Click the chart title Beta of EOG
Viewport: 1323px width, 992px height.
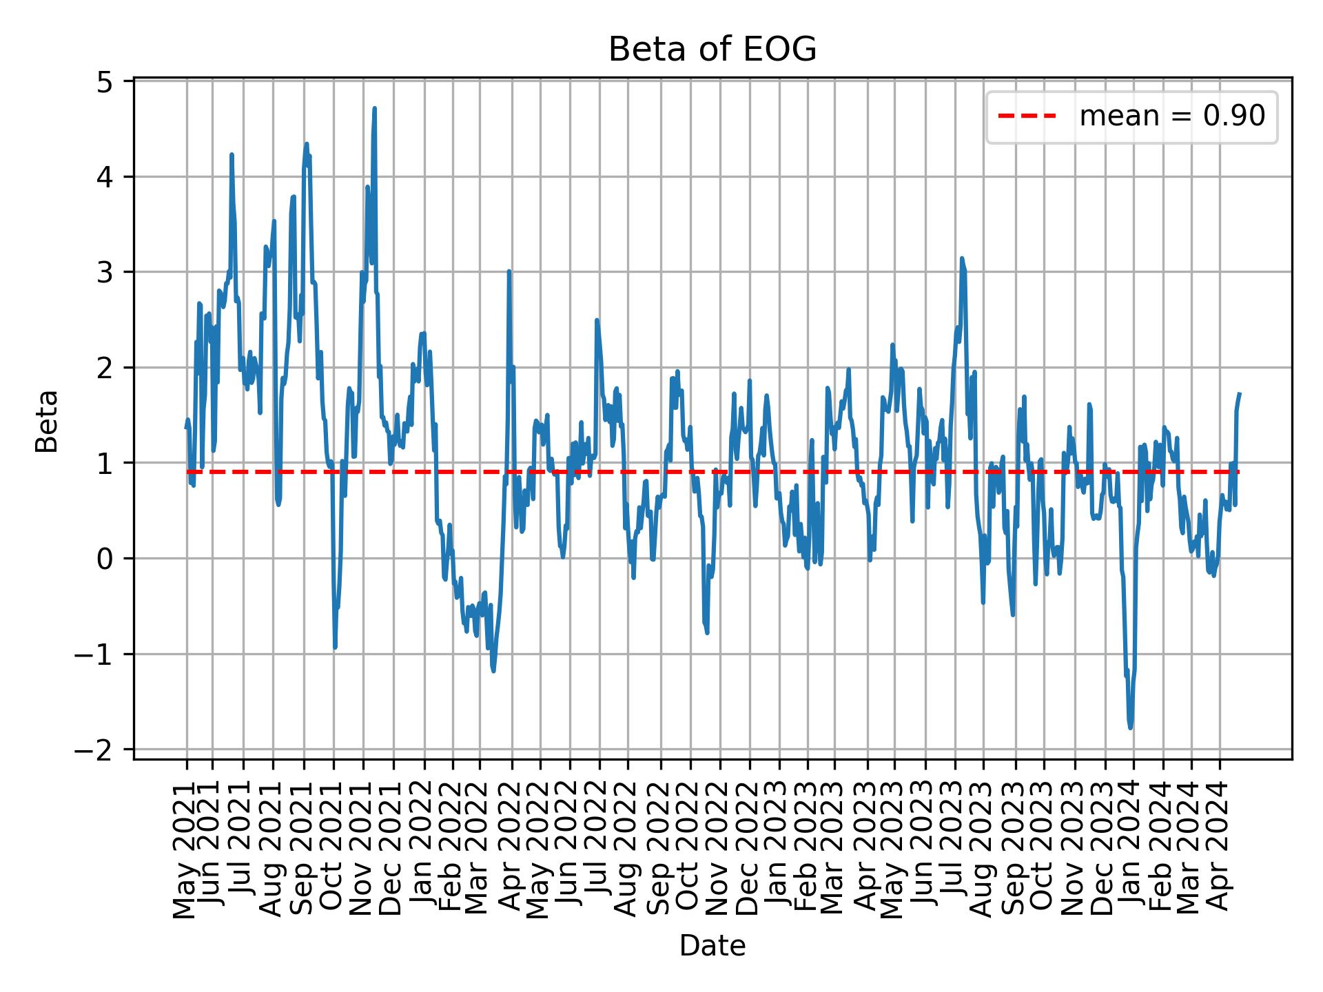712,50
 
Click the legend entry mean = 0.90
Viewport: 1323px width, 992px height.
1171,116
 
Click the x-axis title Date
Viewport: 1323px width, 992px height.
712,946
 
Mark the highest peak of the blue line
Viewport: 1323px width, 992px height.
374,108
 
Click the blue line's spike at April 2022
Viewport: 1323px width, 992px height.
509,271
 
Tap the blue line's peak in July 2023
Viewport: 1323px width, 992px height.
962,258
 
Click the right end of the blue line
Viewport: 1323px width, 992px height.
1240,394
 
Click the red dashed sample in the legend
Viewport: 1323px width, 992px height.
1027,116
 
